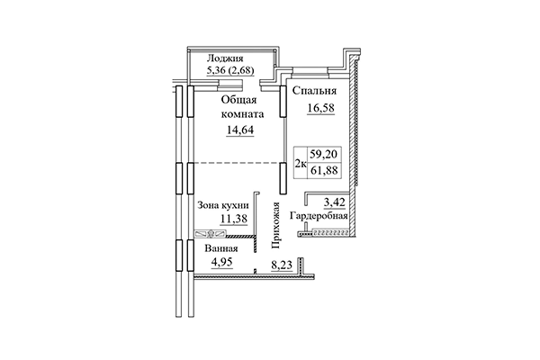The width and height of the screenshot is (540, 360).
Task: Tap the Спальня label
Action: pos(313,92)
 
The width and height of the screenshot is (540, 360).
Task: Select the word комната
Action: pos(240,114)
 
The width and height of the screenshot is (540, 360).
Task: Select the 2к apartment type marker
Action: pos(300,162)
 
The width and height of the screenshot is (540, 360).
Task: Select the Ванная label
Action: pos(220,247)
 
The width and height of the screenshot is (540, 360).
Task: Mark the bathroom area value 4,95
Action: pos(221,262)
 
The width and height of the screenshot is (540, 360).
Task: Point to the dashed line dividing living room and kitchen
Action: pos(234,163)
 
